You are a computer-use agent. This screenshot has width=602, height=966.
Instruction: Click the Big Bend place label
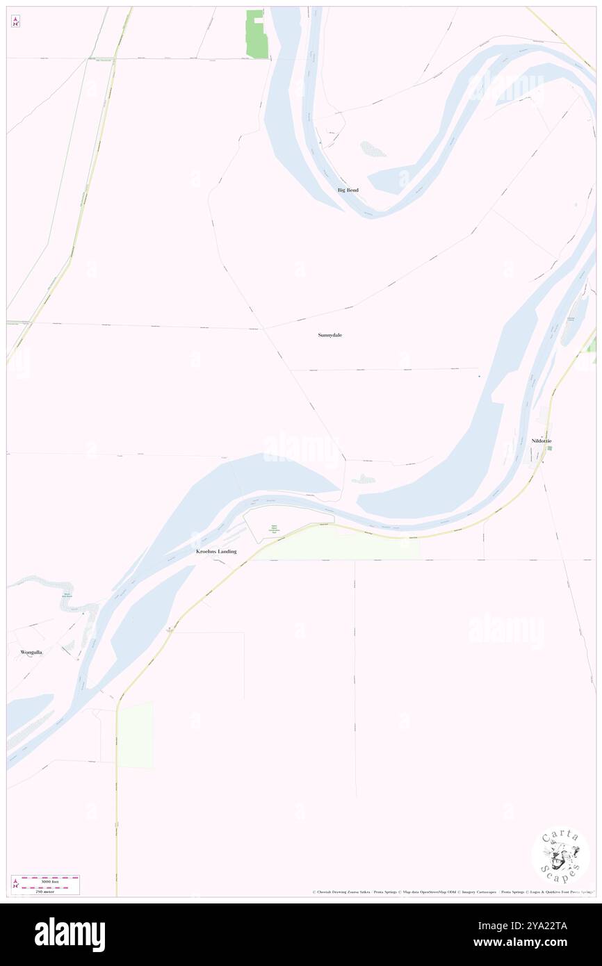coord(348,190)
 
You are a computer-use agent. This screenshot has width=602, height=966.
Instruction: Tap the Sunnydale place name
coord(330,335)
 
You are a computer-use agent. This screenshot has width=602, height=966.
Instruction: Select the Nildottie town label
coord(541,441)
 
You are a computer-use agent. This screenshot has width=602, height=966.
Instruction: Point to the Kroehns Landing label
coord(216,551)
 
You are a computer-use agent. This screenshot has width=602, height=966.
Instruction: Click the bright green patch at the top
coord(257,34)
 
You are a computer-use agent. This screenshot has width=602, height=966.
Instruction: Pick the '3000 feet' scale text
coord(49,880)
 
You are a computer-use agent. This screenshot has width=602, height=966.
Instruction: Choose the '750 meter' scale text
coord(44,892)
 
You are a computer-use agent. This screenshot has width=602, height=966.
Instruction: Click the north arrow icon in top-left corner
coord(15,22)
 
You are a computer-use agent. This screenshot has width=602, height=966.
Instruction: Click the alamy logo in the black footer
coord(70,934)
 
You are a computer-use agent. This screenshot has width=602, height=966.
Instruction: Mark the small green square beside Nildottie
coord(549,448)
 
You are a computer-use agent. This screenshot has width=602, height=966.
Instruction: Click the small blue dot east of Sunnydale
coord(479,376)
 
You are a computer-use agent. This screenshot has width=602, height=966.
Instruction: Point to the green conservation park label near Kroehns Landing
coord(274,529)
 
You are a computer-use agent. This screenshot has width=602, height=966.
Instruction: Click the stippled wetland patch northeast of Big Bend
coord(373,149)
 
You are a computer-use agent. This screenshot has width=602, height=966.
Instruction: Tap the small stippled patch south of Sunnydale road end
coord(364,479)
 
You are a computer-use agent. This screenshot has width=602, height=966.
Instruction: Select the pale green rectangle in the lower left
coord(136,735)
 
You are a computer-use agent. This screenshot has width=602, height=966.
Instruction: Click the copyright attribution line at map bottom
coord(452,892)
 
